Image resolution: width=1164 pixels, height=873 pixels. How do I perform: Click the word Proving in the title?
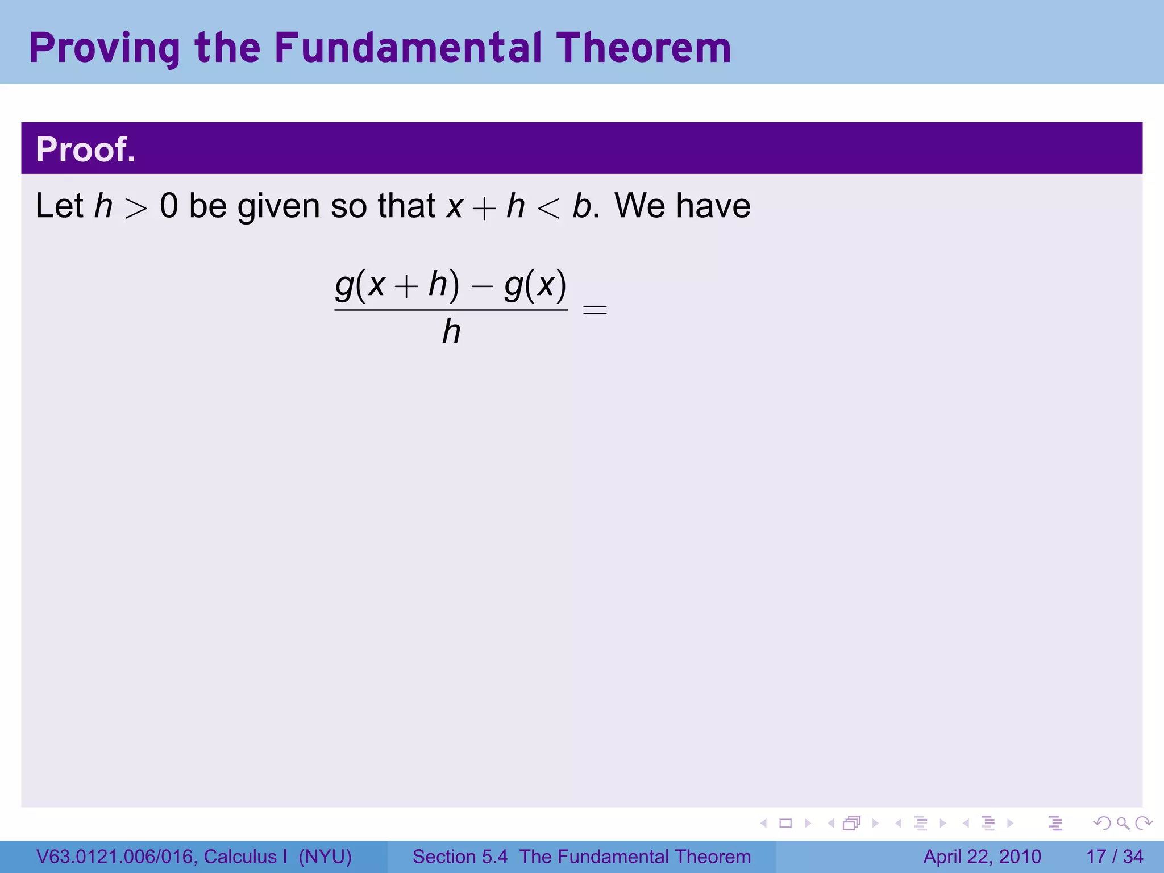click(x=104, y=49)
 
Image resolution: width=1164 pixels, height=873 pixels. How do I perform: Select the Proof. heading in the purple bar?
click(x=86, y=149)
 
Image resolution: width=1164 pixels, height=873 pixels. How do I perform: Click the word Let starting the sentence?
click(x=59, y=206)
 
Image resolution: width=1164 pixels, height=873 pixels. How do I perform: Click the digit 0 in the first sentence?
click(x=169, y=206)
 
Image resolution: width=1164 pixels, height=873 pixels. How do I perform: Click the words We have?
click(x=683, y=206)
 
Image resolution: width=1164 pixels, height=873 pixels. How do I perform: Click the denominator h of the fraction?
click(x=451, y=332)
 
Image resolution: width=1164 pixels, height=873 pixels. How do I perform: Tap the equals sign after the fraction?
click(x=595, y=310)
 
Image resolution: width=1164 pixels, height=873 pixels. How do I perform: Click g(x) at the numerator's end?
click(x=535, y=285)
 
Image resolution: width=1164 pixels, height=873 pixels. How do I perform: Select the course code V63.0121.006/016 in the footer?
click(x=114, y=857)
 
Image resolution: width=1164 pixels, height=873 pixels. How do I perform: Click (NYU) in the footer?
click(x=325, y=857)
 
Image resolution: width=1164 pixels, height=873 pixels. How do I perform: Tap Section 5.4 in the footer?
click(x=460, y=857)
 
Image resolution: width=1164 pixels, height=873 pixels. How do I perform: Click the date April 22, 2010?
click(x=982, y=857)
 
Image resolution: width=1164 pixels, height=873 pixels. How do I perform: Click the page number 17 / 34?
click(x=1115, y=857)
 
